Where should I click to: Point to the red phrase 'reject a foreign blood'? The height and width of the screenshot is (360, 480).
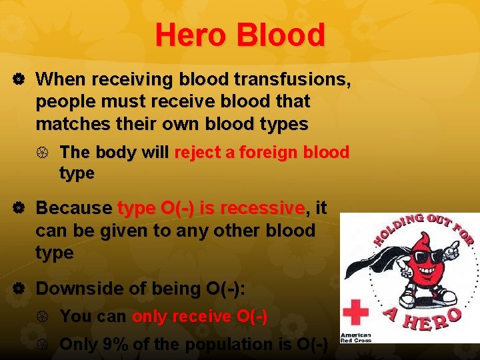tap(261, 152)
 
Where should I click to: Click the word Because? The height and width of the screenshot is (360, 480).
tap(74, 208)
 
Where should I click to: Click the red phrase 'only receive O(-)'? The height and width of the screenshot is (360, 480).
tap(199, 317)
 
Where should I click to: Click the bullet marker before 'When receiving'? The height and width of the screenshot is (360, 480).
tap(19, 80)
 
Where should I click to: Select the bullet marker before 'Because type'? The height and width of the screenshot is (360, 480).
tap(19, 209)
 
